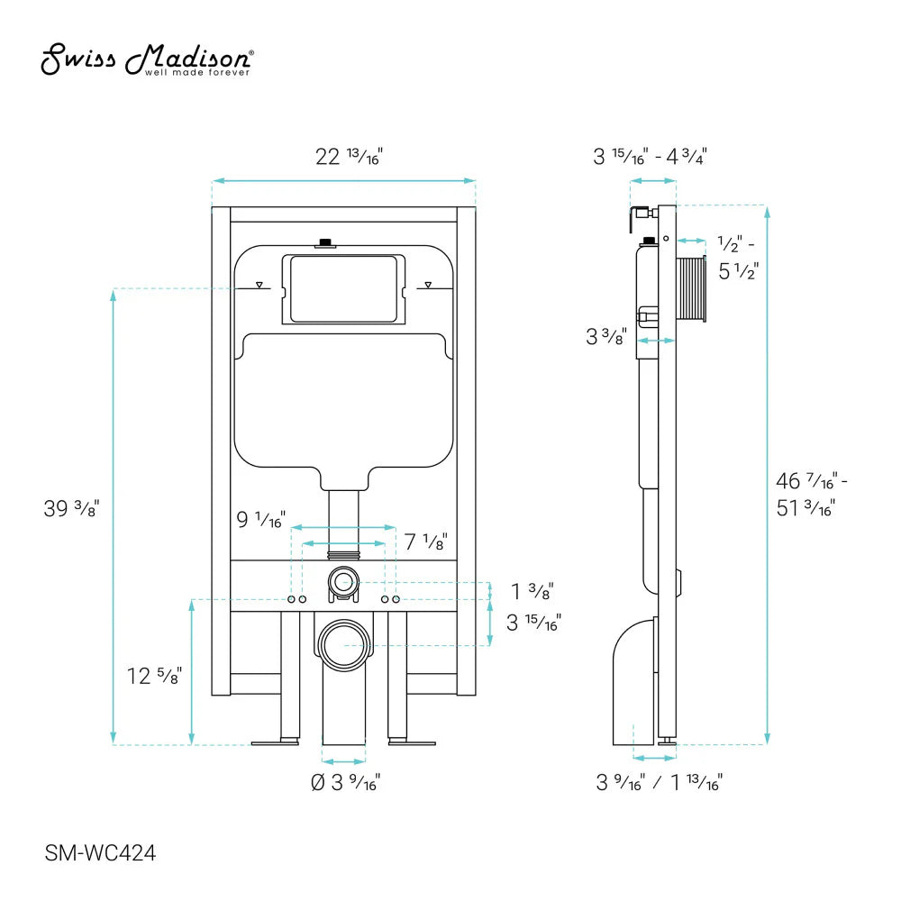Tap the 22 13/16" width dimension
pos(346,156)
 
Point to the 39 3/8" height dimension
pos(71,508)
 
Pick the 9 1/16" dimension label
pos(260,520)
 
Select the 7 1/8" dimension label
pos(424,542)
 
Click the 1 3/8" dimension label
pos(532,591)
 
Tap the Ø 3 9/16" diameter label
pos(345,783)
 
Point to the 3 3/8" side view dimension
pos(606,337)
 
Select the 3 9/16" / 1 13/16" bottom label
pos(659,782)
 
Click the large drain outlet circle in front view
pos(344,644)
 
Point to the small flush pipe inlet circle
pos(342,581)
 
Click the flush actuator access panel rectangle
pos(344,288)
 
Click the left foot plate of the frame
pos(275,742)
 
